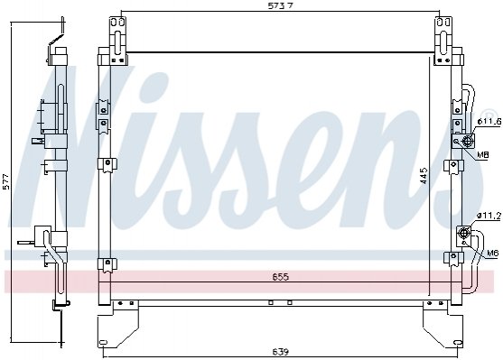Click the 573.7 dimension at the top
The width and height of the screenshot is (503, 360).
coord(281,5)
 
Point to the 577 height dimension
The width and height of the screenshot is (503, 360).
coord(6,181)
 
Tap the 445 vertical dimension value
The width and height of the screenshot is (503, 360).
coord(424,175)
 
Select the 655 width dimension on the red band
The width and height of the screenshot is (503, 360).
coord(281,277)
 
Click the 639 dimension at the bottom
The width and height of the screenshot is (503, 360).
coord(281,352)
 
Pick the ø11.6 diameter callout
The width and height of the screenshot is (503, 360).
coord(489,122)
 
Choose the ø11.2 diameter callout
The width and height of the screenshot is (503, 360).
coord(489,217)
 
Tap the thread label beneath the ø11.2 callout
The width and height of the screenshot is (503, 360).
coord(492,253)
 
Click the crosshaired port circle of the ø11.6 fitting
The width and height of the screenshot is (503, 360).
coord(468,141)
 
